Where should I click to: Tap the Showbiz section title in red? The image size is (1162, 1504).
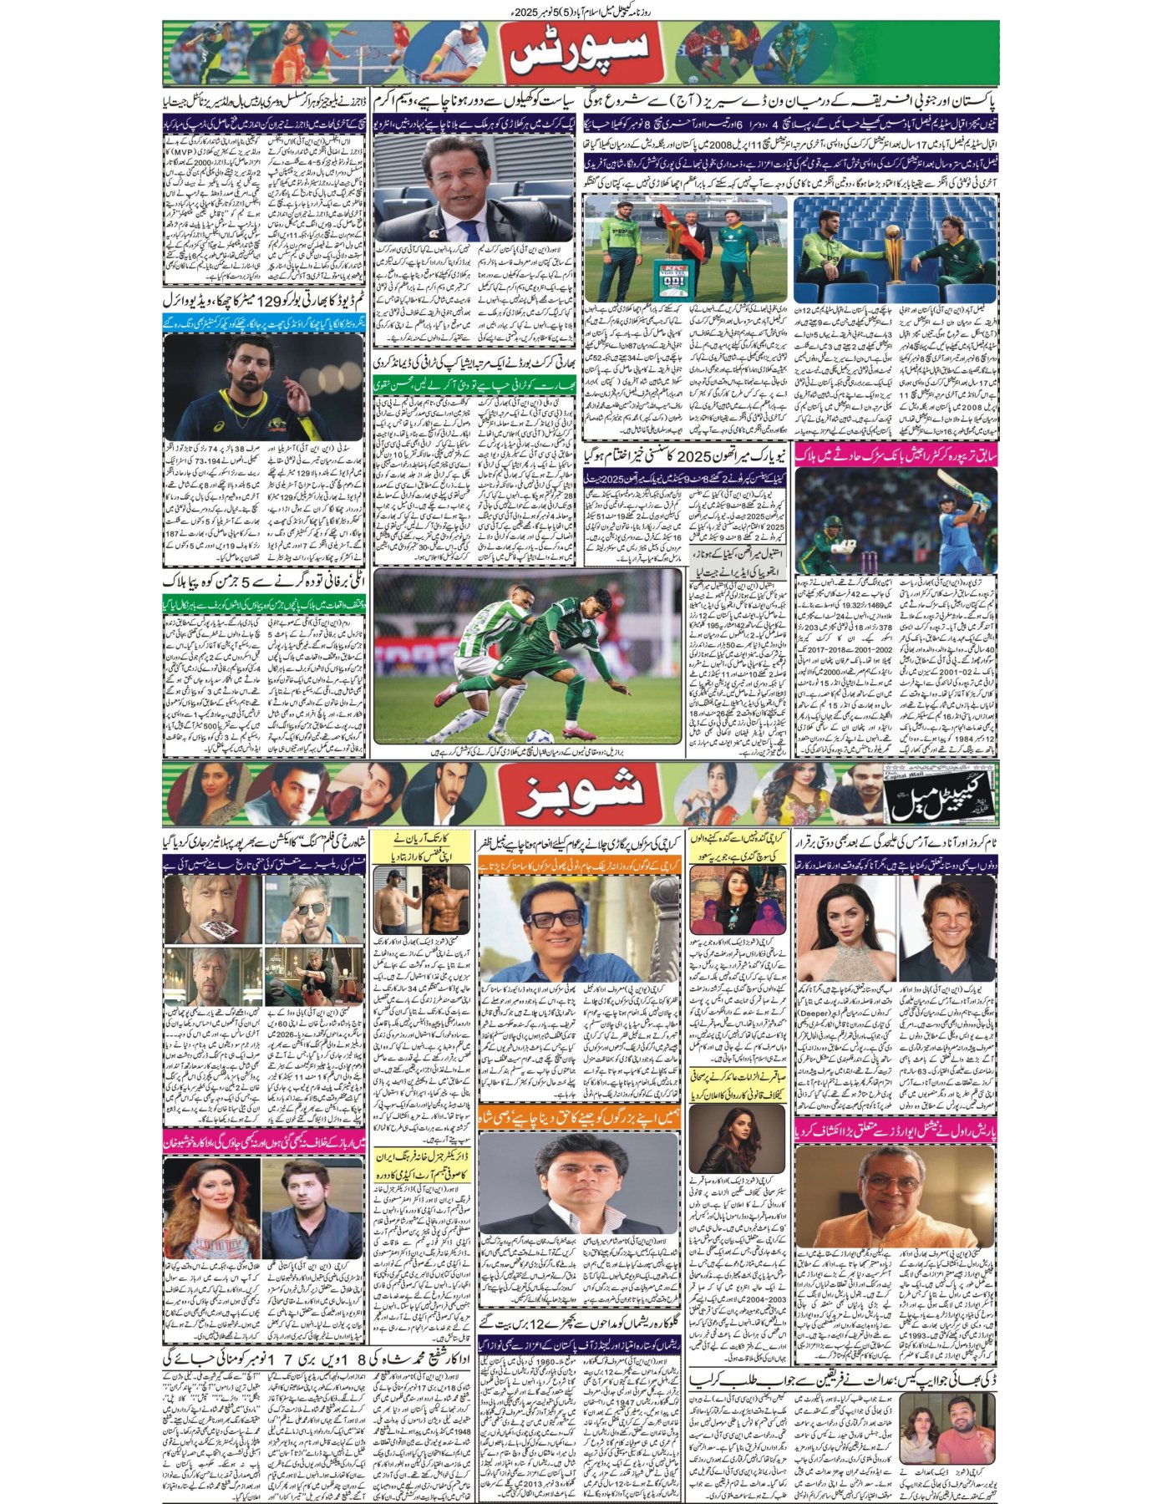(x=581, y=790)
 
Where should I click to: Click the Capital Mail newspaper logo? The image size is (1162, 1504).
(x=940, y=795)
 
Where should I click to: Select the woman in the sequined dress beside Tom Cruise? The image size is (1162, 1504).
(x=845, y=927)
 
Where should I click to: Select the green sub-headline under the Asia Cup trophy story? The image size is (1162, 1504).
(x=474, y=386)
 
